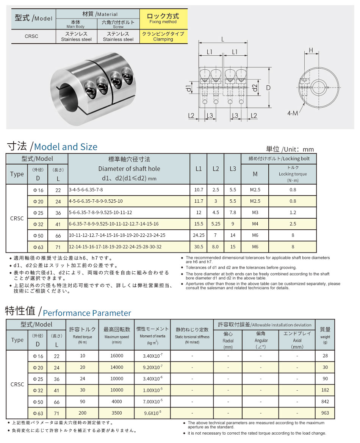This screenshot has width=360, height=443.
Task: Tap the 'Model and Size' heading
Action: pyautogui.click(x=66, y=147)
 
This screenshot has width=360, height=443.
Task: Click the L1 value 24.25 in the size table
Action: pyautogui.click(x=199, y=235)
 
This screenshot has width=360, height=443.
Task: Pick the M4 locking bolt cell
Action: pyautogui.click(x=255, y=224)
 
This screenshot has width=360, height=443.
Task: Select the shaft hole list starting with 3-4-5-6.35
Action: pyautogui.click(x=86, y=190)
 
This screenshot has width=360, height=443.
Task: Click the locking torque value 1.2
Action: pyautogui.click(x=293, y=213)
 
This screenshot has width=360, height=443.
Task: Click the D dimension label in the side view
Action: pyautogui.click(x=268, y=88)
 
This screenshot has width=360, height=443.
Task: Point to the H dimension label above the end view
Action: pyautogui.click(x=310, y=50)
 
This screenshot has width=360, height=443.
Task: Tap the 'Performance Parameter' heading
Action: pyautogui.click(x=87, y=313)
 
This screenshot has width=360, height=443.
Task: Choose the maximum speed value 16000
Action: pyautogui.click(x=117, y=356)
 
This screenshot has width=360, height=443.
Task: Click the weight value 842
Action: pyautogui.click(x=325, y=401)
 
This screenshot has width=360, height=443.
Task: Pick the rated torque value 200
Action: pyautogui.click(x=83, y=413)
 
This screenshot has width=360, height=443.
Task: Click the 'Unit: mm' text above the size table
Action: pyautogui.click(x=290, y=149)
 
